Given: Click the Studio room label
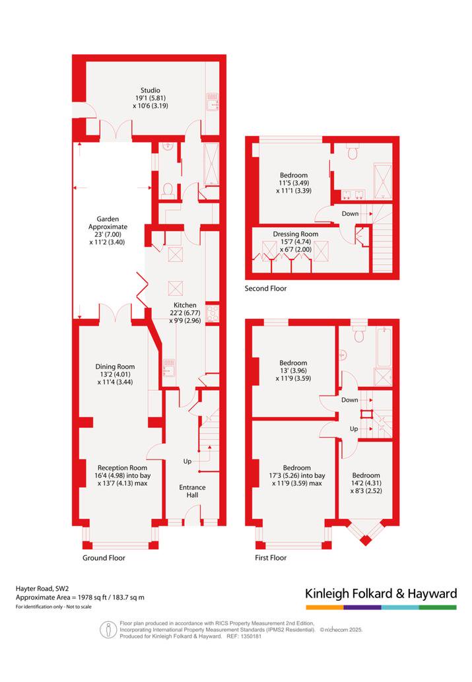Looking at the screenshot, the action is click(x=150, y=90).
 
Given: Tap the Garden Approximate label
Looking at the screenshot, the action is click(x=108, y=222).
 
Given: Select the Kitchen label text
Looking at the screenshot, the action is click(x=185, y=305).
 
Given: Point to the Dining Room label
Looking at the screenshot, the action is click(x=115, y=366).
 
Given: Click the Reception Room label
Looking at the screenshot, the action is click(x=122, y=468).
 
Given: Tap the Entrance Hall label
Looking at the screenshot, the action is click(x=192, y=491).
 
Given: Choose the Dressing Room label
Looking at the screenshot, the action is click(x=295, y=234).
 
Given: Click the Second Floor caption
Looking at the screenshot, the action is click(x=265, y=289).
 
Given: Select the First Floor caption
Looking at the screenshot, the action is click(x=271, y=558).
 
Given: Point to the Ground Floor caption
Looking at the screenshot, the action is click(x=104, y=558).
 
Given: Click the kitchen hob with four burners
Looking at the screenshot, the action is click(x=213, y=313).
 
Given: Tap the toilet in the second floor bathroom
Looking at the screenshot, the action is click(x=353, y=153).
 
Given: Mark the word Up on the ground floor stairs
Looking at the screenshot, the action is click(x=187, y=461).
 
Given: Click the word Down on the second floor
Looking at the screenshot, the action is click(x=350, y=213).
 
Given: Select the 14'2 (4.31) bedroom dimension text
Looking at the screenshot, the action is click(x=366, y=483).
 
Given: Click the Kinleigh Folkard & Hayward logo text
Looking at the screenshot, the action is click(x=381, y=594).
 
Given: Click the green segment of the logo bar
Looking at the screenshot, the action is click(x=438, y=607).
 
